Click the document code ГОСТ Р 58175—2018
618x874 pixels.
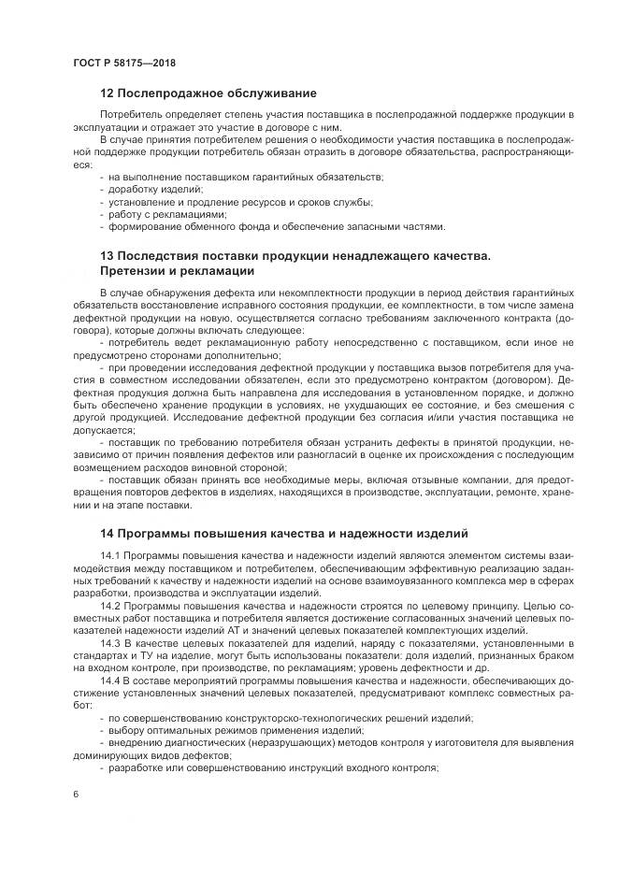(x=123, y=63)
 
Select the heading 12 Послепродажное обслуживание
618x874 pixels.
(x=208, y=93)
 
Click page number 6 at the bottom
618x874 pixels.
(x=75, y=794)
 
